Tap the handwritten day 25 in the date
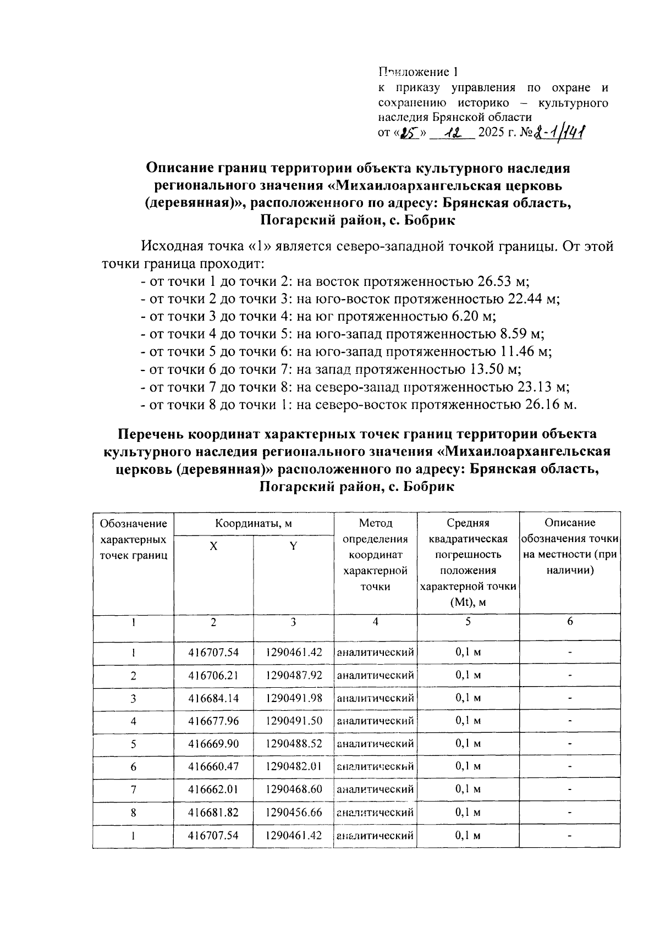(407, 132)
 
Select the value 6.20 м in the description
(472, 317)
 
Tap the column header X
(213, 546)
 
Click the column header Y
(293, 546)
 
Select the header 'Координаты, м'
(253, 523)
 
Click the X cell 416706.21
(213, 675)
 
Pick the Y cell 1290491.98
(293, 698)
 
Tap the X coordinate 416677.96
(213, 721)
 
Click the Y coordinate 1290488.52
(293, 744)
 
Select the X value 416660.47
(213, 766)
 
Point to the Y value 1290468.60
(293, 789)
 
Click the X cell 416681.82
(213, 812)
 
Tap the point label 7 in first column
(133, 789)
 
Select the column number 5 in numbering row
(468, 622)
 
